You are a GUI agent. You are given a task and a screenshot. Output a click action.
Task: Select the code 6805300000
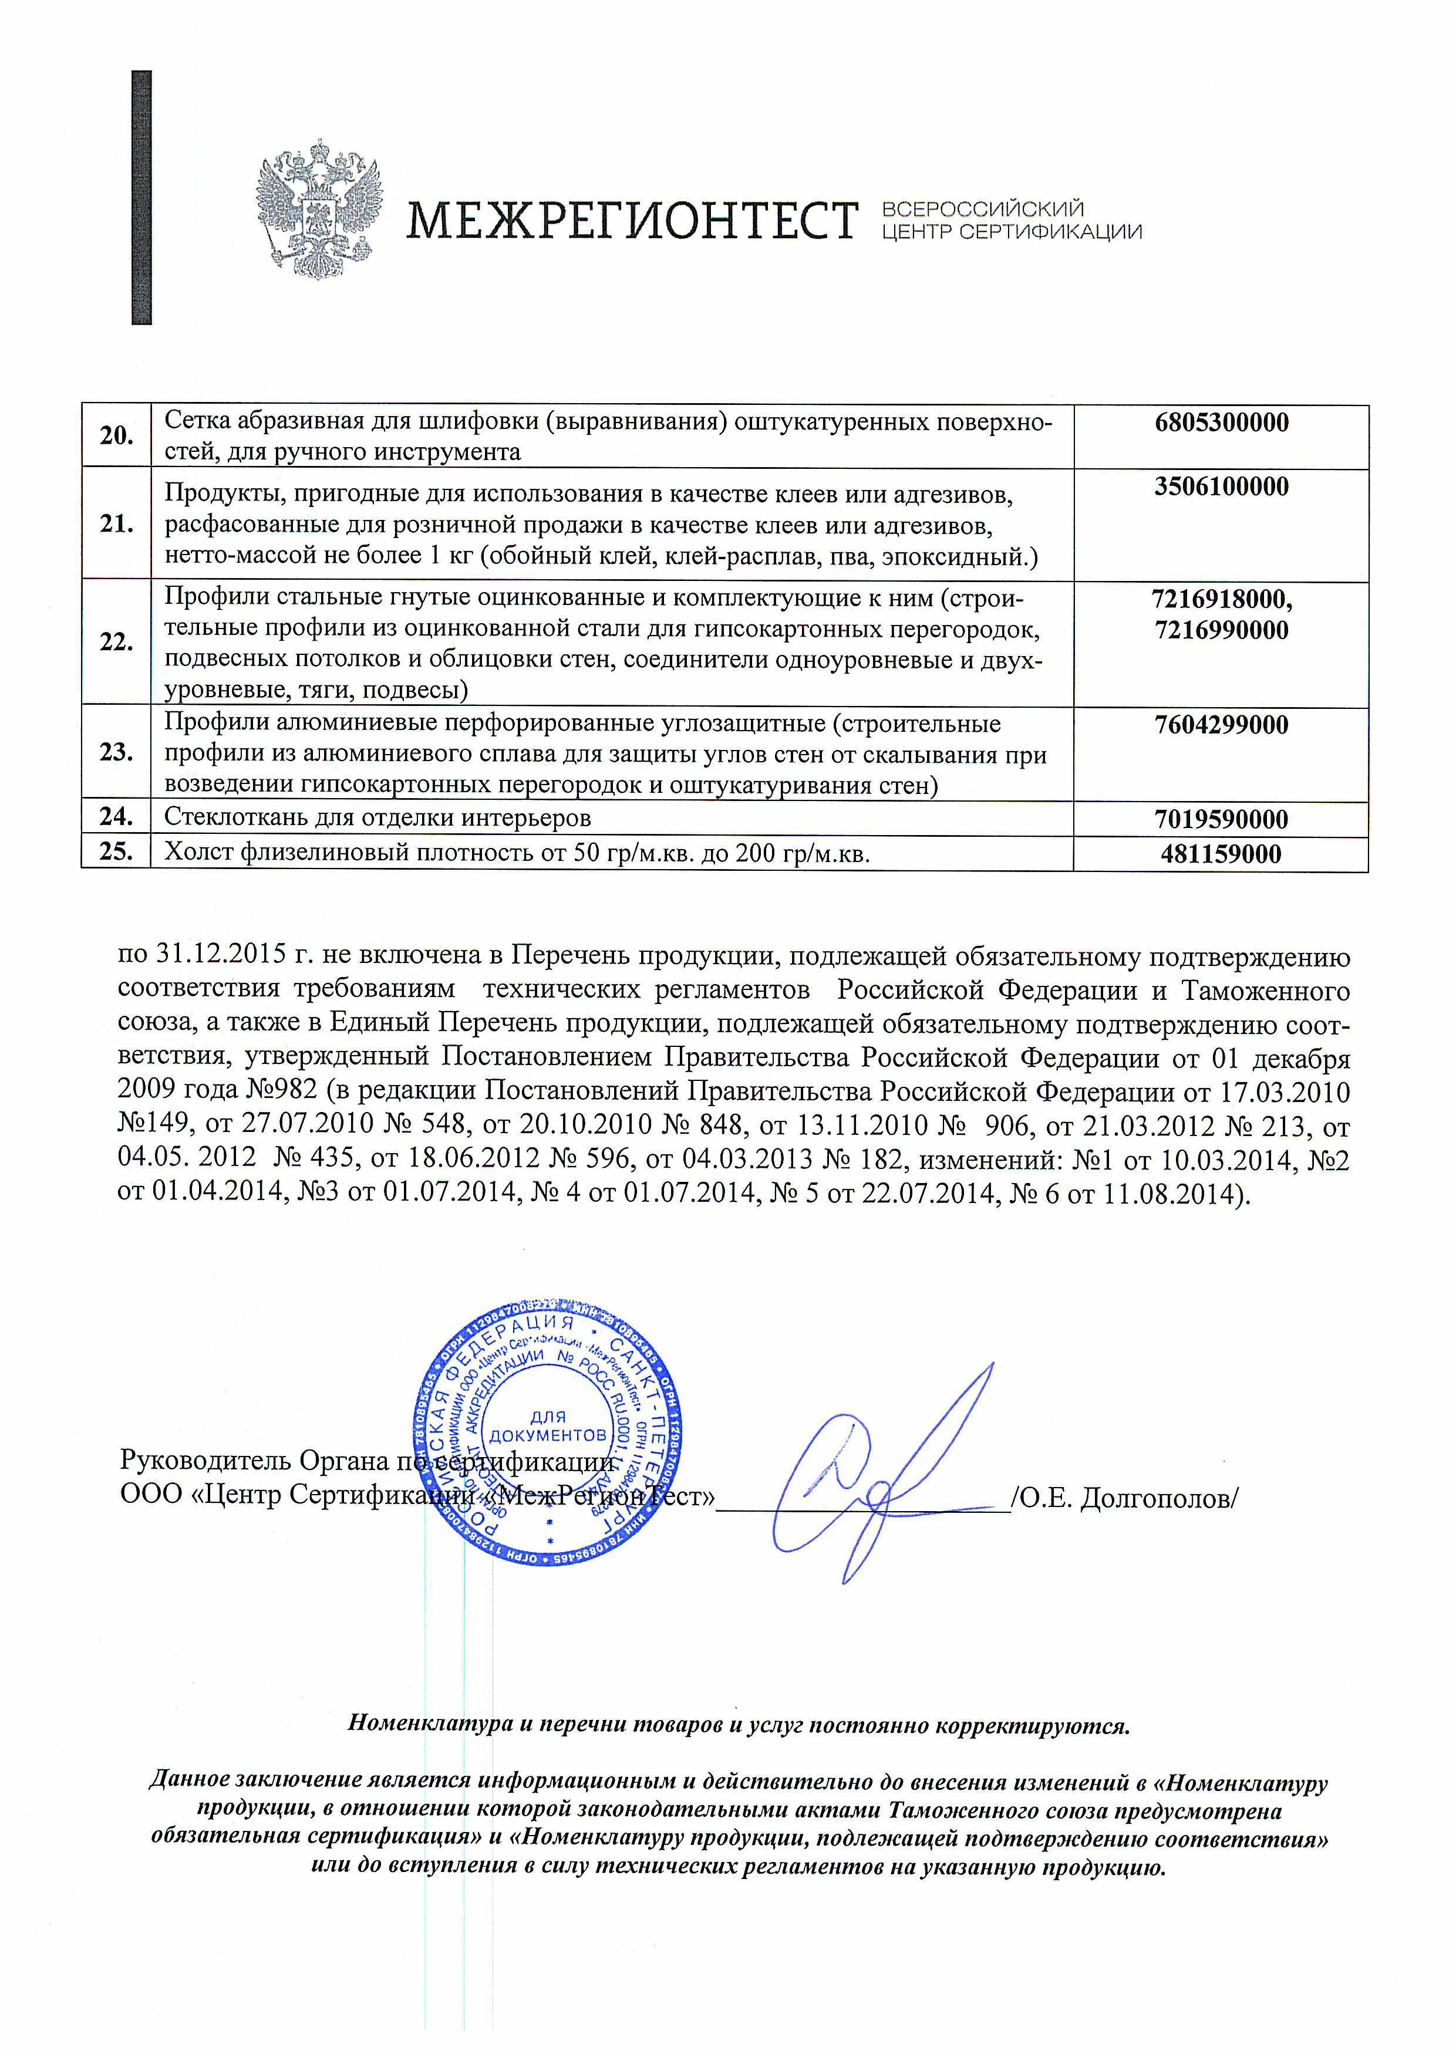coord(1221,423)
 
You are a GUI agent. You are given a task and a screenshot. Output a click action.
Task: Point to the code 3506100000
coord(1221,488)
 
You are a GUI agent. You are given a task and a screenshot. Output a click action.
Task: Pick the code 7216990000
coord(1221,630)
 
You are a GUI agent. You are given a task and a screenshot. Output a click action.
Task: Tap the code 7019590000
coord(1221,819)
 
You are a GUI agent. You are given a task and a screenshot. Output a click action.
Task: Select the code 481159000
coord(1221,854)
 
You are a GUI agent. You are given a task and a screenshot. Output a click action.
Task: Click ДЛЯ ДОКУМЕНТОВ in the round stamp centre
coord(549,1426)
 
